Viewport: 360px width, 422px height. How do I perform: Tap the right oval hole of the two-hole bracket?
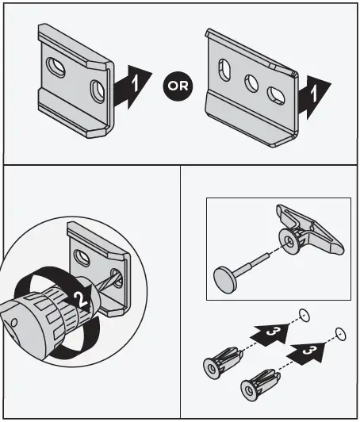coord(98,86)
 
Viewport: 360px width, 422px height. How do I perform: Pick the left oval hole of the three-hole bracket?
coord(223,68)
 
